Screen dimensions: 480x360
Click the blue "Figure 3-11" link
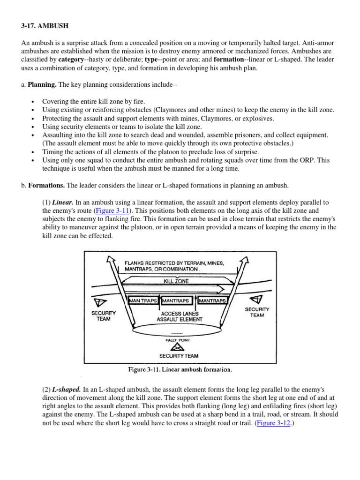[112, 211]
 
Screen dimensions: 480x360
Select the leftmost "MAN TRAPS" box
[143, 300]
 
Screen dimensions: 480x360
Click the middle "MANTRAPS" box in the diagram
[178, 300]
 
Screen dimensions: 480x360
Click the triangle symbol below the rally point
[176, 347]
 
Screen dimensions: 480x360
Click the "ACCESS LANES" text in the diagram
[180, 313]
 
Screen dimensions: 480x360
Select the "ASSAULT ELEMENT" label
[180, 319]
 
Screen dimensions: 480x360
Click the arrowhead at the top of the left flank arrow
[112, 259]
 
